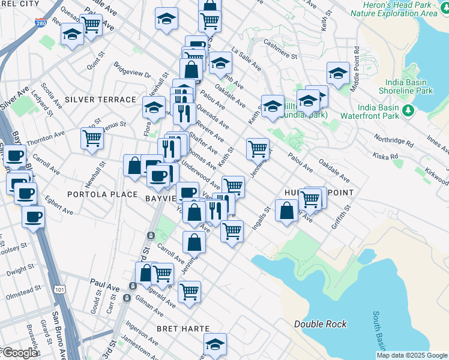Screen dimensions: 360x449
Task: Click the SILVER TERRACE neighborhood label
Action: pos(101,100)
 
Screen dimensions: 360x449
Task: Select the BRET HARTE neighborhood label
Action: pos(183,329)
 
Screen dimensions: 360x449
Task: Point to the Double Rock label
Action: pos(320,324)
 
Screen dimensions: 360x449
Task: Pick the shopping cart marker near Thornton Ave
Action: pos(92,139)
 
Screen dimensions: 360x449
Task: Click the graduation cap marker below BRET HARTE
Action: pos(215,344)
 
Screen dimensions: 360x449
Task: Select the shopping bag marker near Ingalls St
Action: pos(287,211)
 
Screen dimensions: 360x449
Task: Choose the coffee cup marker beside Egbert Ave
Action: pos(34,216)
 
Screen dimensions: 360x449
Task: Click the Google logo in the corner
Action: pos(19,353)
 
